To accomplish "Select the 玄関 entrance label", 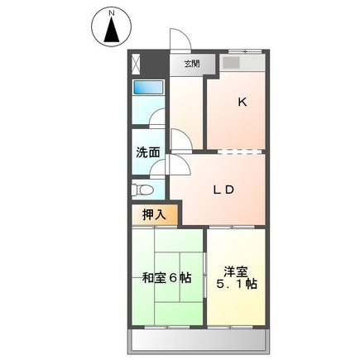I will tap(191, 63).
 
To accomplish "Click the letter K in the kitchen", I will tap(242, 103).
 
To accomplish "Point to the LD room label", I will tap(224, 190).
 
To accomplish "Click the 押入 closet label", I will tap(154, 214).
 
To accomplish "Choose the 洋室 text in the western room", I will tap(236, 271).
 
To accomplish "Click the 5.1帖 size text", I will tap(236, 285).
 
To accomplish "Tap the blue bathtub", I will tap(148, 89).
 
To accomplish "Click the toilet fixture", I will tap(138, 188).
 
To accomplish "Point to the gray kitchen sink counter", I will tap(242, 64).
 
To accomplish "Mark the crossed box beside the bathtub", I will tap(137, 63).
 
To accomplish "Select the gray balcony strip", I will tap(198, 340).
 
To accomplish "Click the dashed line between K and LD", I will tap(235, 151).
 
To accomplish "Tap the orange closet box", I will tap(152, 214).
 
